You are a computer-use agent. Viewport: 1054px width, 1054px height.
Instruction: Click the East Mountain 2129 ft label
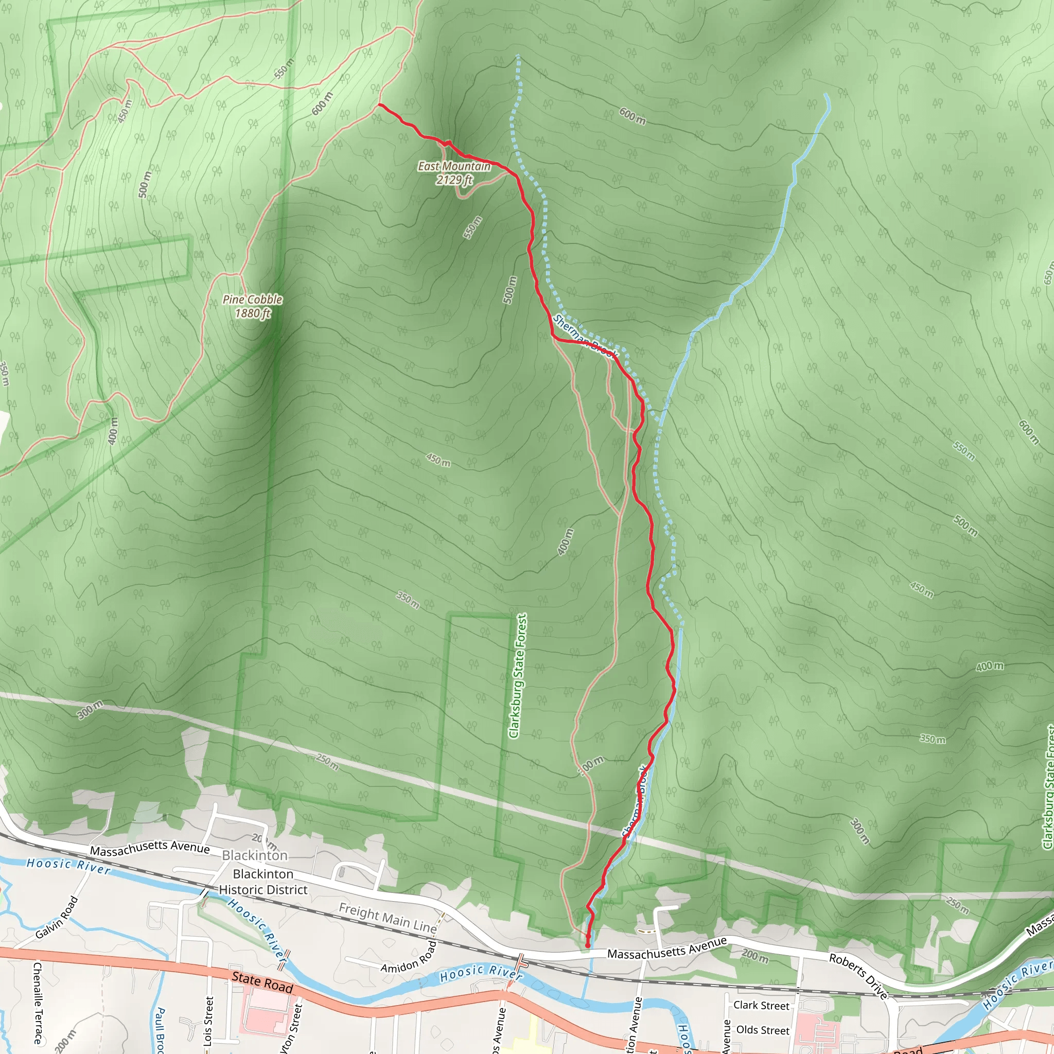point(454,173)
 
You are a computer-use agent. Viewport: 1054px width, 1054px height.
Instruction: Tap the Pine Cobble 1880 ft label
point(253,306)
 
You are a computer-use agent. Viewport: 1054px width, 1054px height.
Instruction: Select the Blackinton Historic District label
point(263,882)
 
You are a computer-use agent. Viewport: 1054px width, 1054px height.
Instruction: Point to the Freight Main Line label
point(388,918)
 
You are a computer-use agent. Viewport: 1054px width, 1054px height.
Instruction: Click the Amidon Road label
point(409,957)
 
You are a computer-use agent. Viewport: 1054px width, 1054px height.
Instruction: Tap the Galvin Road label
point(57,918)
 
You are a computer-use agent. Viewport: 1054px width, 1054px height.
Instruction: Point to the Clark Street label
point(761,1005)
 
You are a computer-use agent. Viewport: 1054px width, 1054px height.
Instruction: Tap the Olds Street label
point(763,1030)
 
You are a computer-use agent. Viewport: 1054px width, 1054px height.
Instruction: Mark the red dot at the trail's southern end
point(588,945)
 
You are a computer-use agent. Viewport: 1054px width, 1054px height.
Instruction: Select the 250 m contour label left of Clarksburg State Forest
point(327,762)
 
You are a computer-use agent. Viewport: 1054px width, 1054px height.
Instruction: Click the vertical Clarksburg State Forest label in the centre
point(517,676)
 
